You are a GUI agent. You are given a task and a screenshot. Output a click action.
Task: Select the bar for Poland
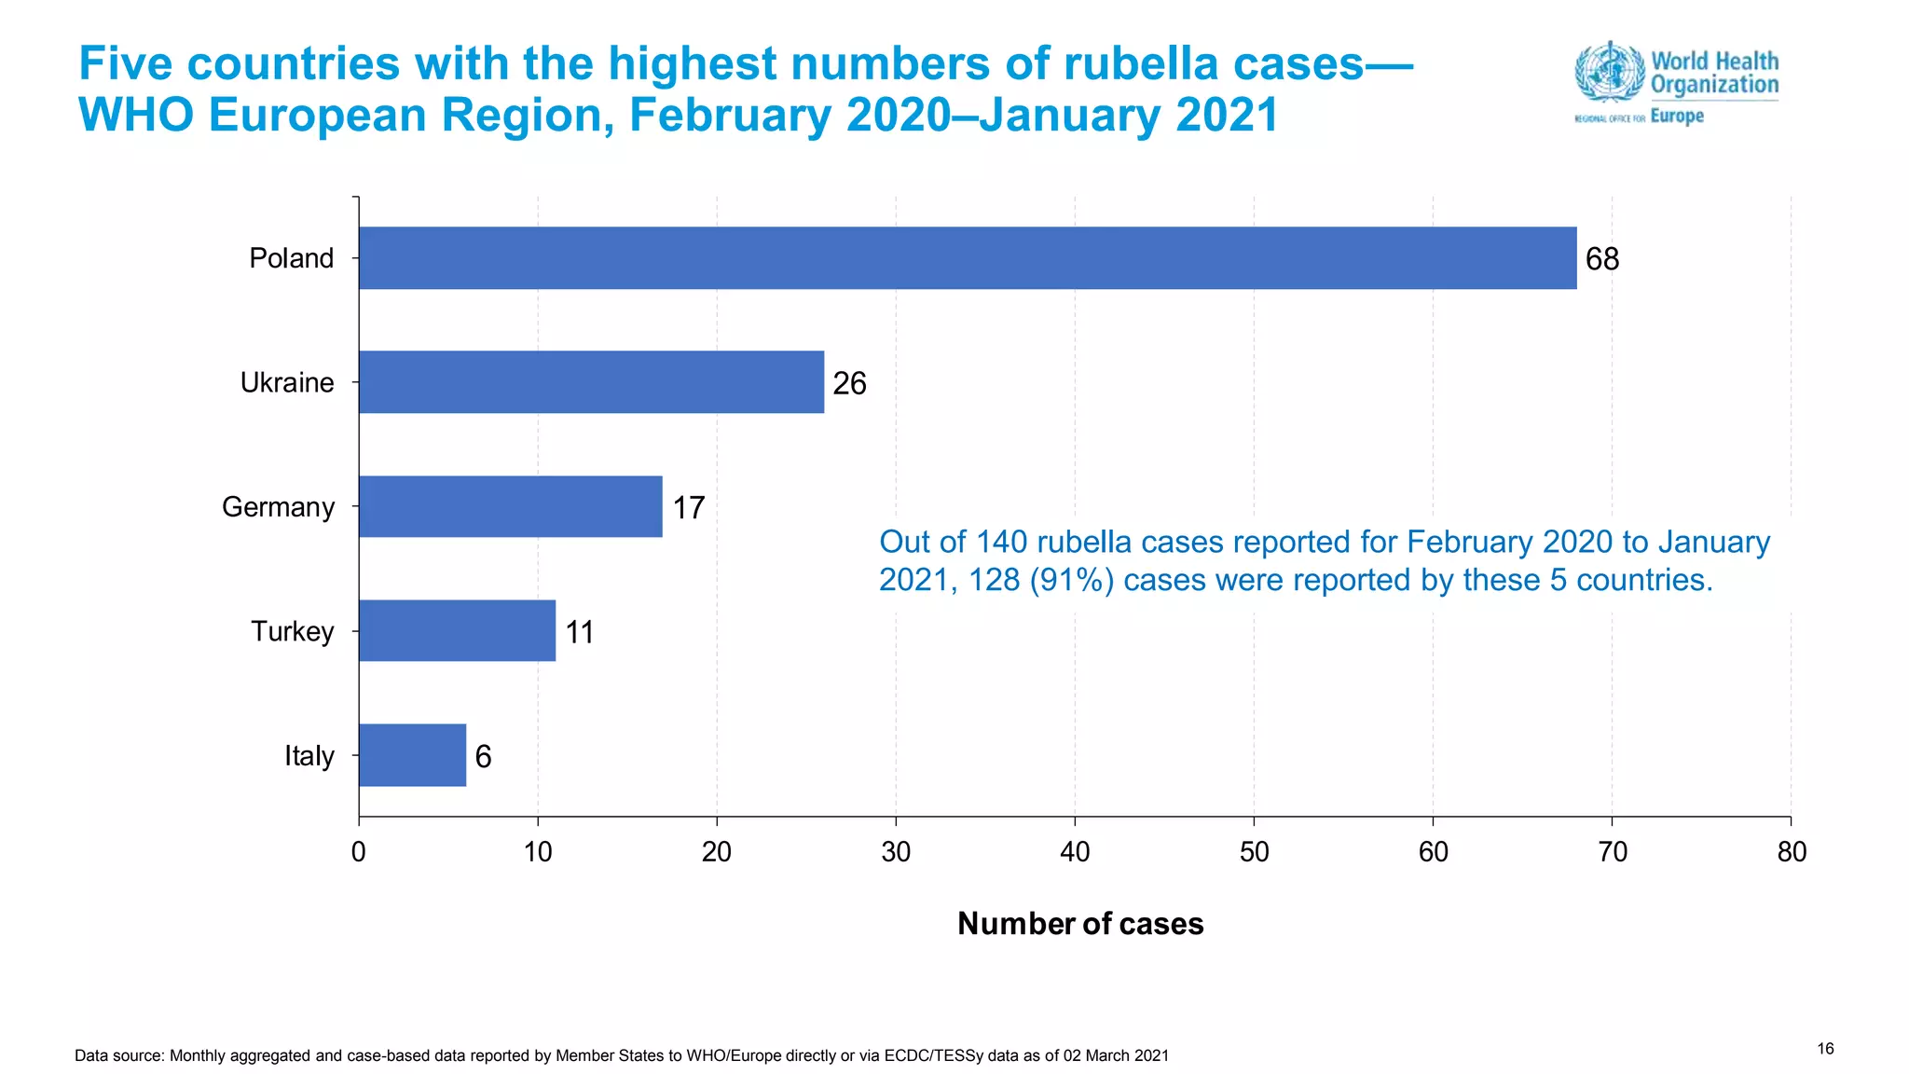point(967,258)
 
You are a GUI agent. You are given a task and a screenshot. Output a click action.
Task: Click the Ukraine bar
point(591,382)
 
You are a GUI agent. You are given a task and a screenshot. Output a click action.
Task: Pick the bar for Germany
point(510,506)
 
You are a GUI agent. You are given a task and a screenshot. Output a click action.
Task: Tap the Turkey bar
point(457,631)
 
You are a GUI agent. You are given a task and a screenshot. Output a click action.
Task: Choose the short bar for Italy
point(412,755)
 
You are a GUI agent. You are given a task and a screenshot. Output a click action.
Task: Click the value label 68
point(1601,259)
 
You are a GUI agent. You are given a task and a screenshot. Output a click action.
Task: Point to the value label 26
point(849,383)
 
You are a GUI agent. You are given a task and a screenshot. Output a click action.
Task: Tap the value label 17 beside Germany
point(688,508)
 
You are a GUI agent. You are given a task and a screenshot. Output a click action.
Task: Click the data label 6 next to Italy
point(483,756)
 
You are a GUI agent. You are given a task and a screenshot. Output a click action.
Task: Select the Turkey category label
point(292,631)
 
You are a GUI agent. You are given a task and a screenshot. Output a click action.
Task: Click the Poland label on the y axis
point(291,258)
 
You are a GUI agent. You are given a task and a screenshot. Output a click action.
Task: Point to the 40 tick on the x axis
point(1075,851)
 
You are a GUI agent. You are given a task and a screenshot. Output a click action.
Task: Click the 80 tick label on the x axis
point(1791,851)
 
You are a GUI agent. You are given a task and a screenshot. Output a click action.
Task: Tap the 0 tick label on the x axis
point(358,851)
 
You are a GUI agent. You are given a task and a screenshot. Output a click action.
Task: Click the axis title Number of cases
point(1080,923)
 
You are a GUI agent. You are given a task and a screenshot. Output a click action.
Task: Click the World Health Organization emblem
point(1609,71)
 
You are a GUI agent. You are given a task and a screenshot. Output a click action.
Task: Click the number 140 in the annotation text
point(1001,542)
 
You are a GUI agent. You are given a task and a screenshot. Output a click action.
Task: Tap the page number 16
point(1825,1049)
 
